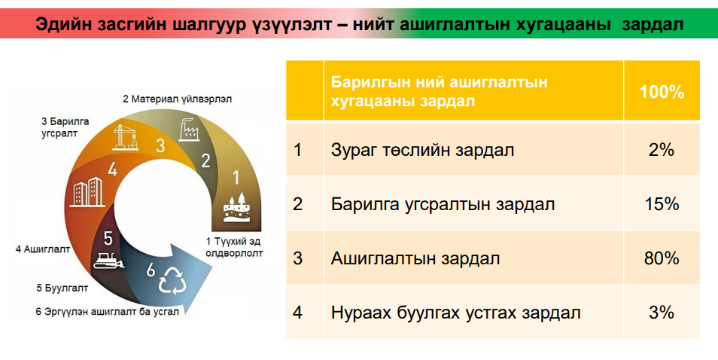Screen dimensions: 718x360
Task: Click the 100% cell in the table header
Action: pyautogui.click(x=662, y=92)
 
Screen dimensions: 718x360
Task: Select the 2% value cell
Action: pyautogui.click(x=662, y=149)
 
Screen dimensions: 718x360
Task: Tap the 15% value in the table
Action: pyautogui.click(x=662, y=204)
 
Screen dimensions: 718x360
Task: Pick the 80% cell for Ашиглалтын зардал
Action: pyautogui.click(x=662, y=258)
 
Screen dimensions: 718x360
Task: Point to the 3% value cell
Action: pyautogui.click(x=662, y=313)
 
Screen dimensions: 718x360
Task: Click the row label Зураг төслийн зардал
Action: pyautogui.click(x=422, y=150)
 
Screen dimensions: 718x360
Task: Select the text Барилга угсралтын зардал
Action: pyautogui.click(x=443, y=204)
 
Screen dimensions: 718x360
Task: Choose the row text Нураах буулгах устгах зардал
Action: pyautogui.click(x=455, y=313)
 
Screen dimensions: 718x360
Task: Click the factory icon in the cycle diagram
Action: pyautogui.click(x=188, y=129)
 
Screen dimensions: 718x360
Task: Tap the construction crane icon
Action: pyautogui.click(x=124, y=137)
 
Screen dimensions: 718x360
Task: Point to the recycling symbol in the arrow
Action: pyautogui.click(x=172, y=280)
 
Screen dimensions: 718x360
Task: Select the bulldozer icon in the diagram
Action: pyautogui.click(x=108, y=260)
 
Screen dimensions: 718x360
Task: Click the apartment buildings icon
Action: pyautogui.click(x=88, y=192)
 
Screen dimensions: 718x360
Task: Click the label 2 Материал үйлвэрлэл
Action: pyautogui.click(x=177, y=99)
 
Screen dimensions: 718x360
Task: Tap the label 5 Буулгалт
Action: pyautogui.click(x=62, y=288)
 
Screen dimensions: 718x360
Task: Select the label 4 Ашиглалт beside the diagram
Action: pyautogui.click(x=43, y=249)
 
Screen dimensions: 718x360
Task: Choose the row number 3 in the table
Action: pyautogui.click(x=297, y=258)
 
